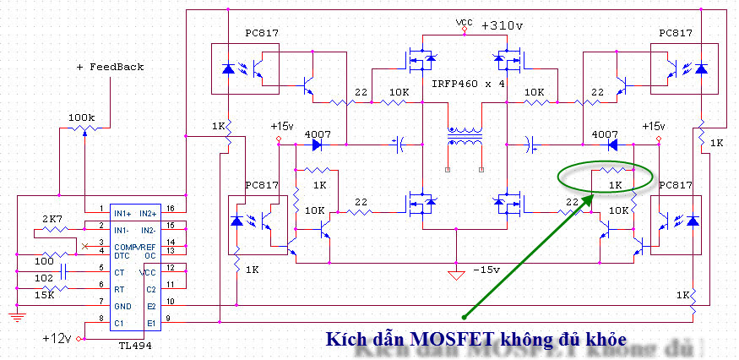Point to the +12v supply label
[57, 337]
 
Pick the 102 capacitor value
[45, 276]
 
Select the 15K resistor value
[45, 295]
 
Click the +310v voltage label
[502, 25]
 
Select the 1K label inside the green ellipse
[615, 183]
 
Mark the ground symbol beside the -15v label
[457, 274]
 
